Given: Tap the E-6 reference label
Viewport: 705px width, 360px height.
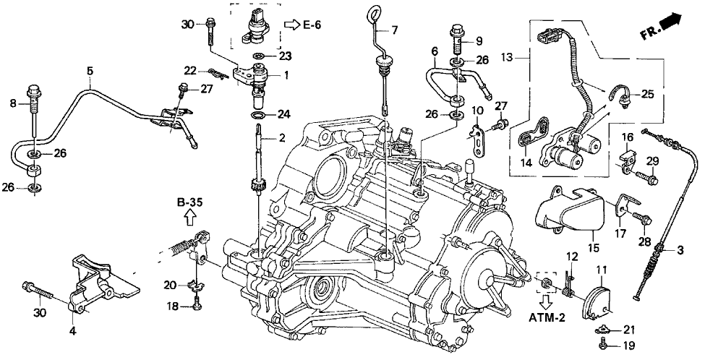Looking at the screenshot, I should click(312, 26).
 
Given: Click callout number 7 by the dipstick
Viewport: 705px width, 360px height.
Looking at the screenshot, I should click(395, 30).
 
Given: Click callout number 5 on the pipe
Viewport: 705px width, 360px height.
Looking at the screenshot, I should click(90, 71).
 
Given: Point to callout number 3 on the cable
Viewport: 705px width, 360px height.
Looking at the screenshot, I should click(679, 251).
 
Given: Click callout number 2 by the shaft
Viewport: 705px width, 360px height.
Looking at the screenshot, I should click(283, 137).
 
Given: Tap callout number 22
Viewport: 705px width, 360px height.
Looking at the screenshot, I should click(190, 70).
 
